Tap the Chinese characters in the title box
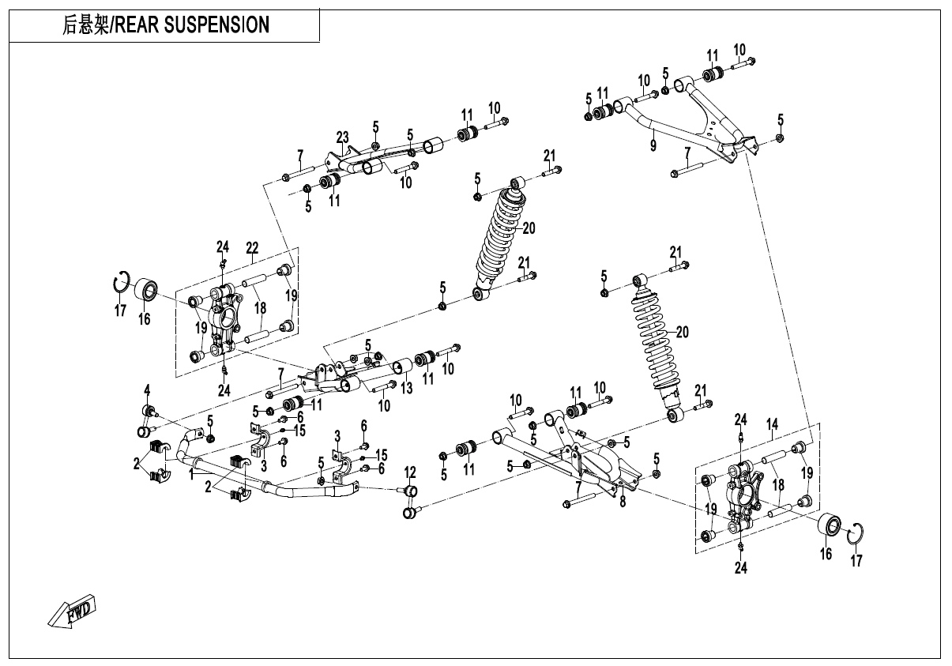point(86,25)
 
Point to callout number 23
point(343,137)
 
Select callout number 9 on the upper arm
point(653,145)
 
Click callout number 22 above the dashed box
point(252,247)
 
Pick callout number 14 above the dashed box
point(772,424)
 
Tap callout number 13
point(406,388)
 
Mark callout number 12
point(410,472)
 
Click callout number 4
point(146,388)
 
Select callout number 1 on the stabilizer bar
point(191,472)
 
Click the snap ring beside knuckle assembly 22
point(120,282)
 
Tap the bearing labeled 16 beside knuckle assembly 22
point(146,289)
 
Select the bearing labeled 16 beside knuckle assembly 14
point(829,525)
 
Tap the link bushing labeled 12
point(411,503)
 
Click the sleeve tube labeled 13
point(403,367)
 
